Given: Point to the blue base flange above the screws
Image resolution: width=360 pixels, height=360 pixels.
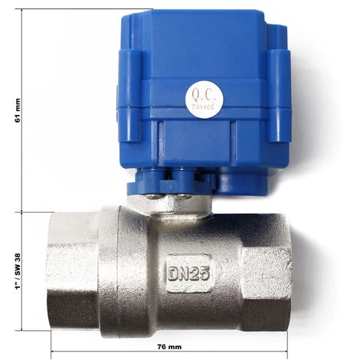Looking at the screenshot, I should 170,182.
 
